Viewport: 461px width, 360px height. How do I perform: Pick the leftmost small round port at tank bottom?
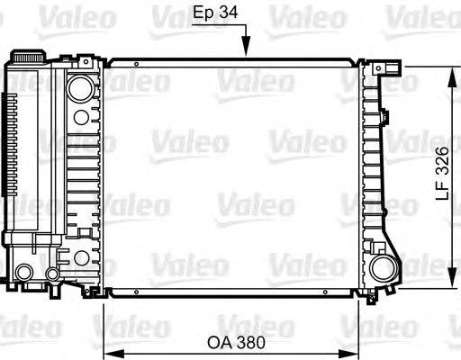[24, 273]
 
